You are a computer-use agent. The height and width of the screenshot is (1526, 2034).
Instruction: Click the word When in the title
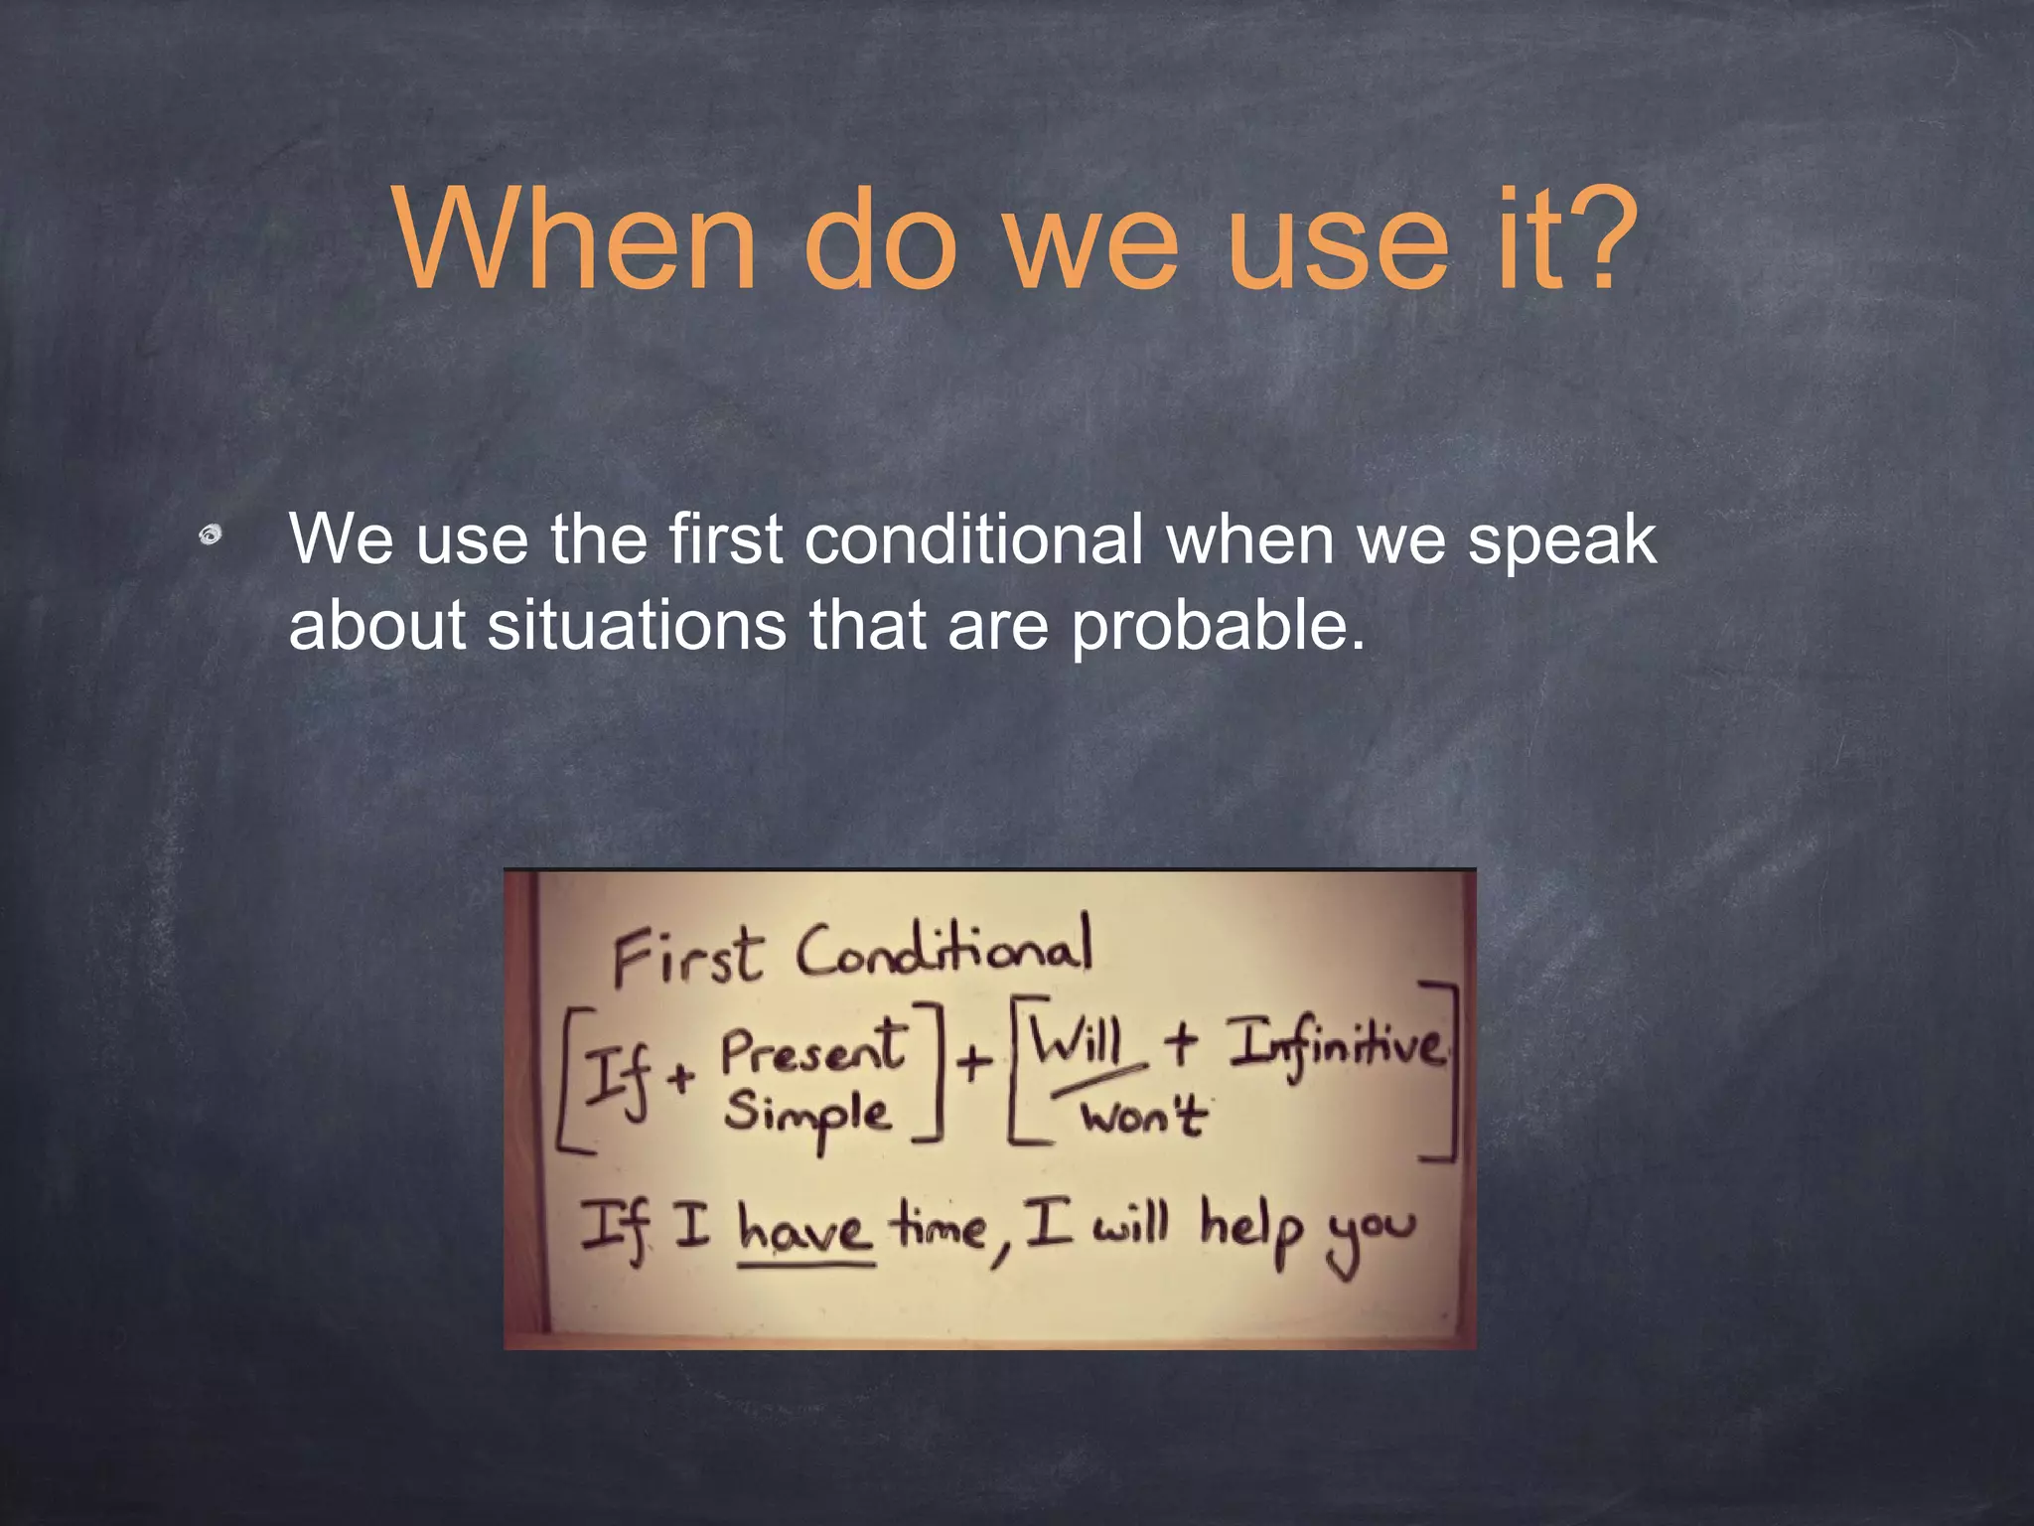(576, 240)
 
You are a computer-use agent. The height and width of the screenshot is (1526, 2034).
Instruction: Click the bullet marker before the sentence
(210, 536)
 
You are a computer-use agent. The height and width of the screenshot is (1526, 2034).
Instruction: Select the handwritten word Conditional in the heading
(944, 947)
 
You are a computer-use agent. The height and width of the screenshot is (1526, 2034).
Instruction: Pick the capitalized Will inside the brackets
(1077, 1043)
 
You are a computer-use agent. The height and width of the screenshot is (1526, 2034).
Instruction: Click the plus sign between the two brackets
(974, 1062)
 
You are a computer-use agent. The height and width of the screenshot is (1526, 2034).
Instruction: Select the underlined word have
(804, 1232)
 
